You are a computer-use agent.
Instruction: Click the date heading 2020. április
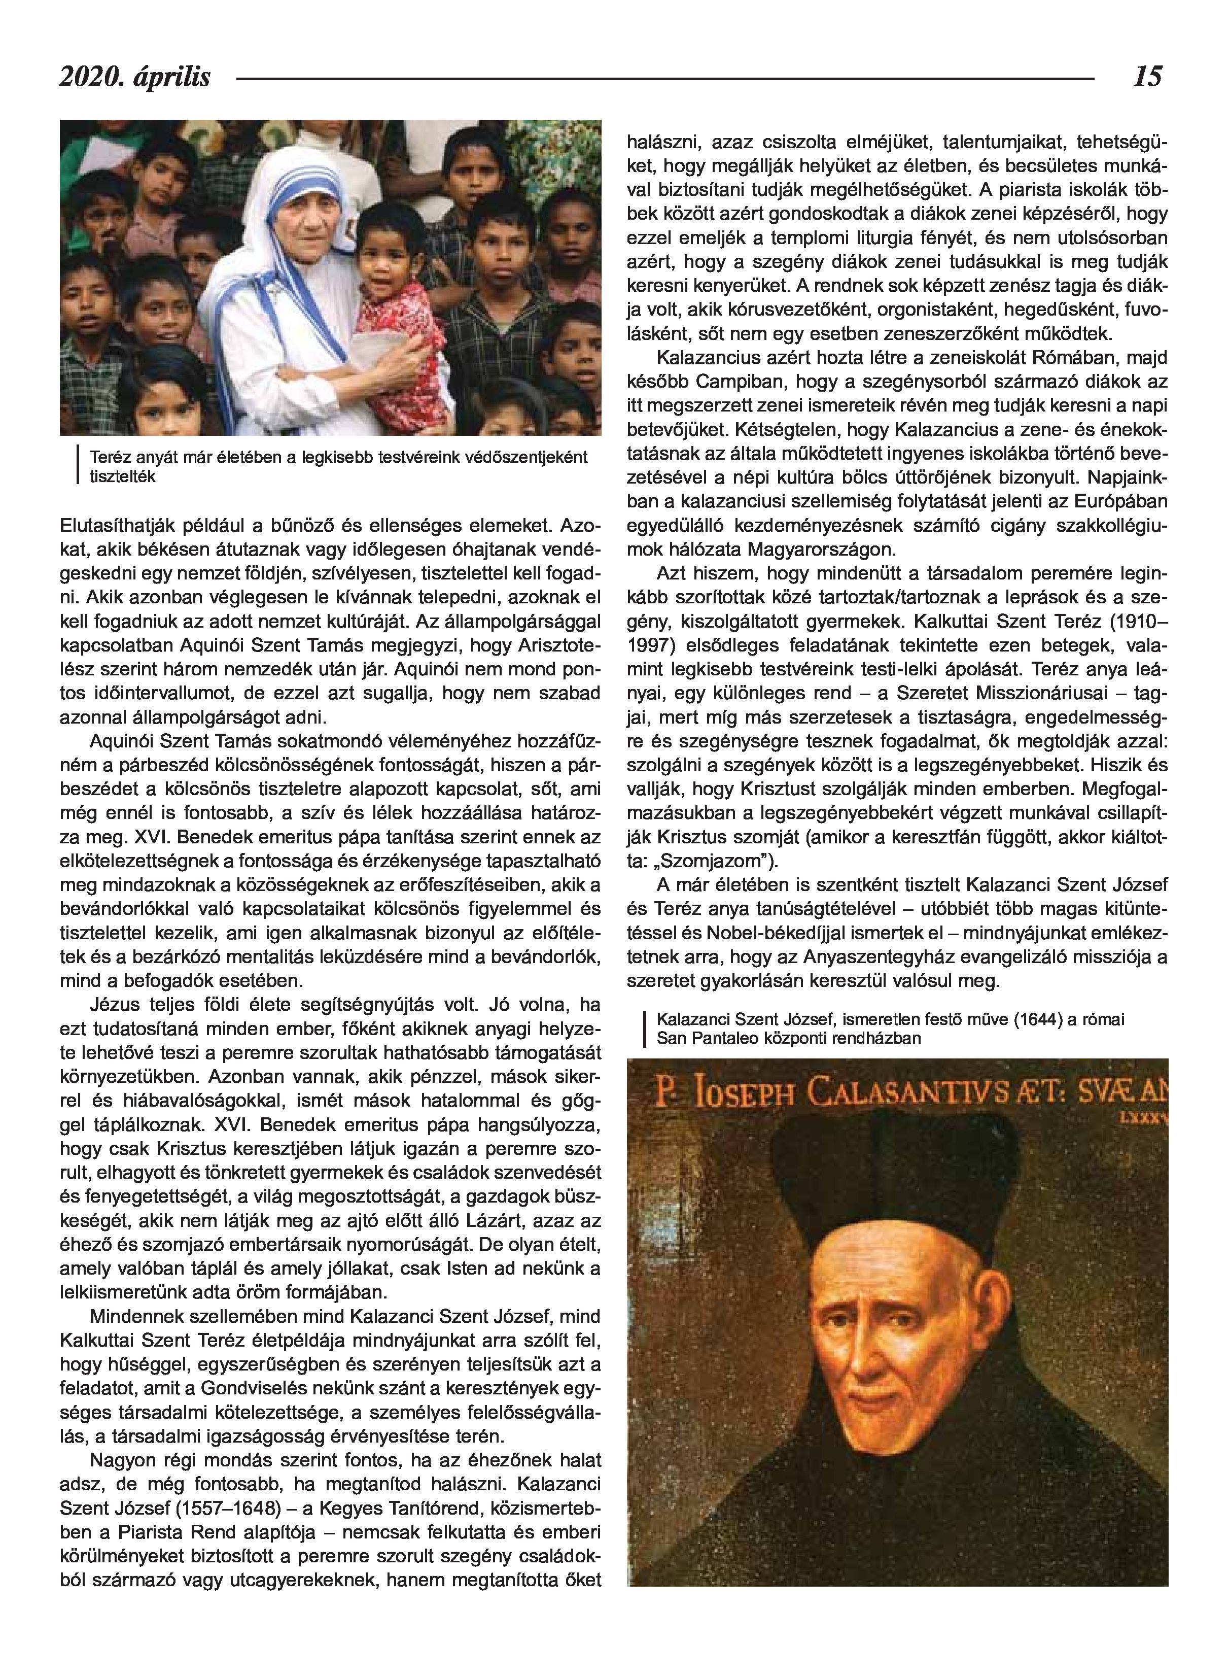(x=135, y=77)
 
